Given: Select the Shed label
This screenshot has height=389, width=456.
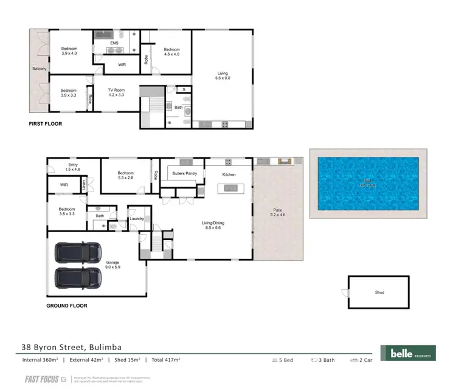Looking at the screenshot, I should (x=379, y=292).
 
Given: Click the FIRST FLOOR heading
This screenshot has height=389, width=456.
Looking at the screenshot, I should (x=46, y=123).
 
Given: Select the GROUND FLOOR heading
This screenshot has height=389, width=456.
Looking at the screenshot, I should (x=67, y=306).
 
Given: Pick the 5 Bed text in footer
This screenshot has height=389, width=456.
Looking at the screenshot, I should (x=283, y=360).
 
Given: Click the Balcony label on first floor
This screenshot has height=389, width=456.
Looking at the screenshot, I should (x=39, y=69).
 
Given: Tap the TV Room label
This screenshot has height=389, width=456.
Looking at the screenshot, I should (x=116, y=92).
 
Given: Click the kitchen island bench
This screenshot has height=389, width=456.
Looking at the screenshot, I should (x=231, y=188).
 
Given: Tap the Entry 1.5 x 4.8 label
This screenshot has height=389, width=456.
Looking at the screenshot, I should (x=73, y=167).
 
